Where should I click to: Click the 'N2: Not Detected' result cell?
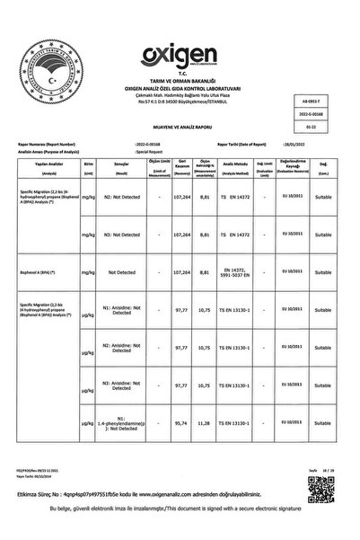coord(120,195)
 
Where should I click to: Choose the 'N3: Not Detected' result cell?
coord(120,234)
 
